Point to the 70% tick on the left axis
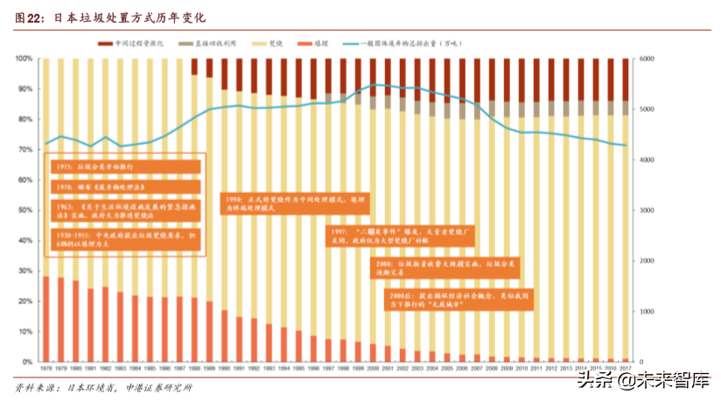(x=25, y=150)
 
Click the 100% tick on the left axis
(x=24, y=59)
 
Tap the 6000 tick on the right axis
(x=646, y=59)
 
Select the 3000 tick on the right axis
(x=646, y=211)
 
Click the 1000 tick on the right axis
(x=646, y=312)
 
